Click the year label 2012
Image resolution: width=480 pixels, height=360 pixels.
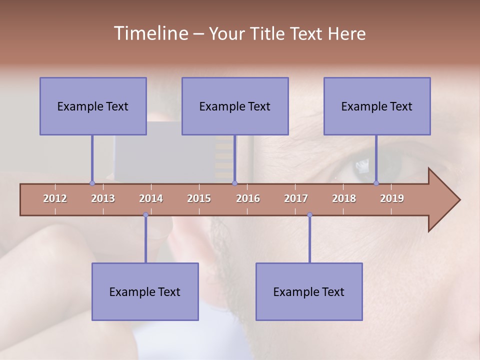pyautogui.click(x=55, y=198)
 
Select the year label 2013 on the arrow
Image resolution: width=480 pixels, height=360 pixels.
pyautogui.click(x=103, y=198)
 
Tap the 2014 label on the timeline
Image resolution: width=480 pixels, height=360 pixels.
pyautogui.click(x=151, y=198)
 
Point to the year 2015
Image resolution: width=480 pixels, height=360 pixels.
pyautogui.click(x=199, y=198)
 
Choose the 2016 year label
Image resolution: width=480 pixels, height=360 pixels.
pyautogui.click(x=248, y=198)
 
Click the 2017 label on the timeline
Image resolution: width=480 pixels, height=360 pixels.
pyautogui.click(x=296, y=198)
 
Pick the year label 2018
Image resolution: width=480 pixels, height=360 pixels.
pyautogui.click(x=344, y=198)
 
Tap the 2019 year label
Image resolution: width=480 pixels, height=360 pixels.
pyautogui.click(x=392, y=198)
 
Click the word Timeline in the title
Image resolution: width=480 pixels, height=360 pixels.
pyautogui.click(x=150, y=33)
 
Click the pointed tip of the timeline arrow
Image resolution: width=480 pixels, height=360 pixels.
pyautogui.click(x=458, y=200)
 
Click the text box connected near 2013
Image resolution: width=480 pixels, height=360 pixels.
pyautogui.click(x=93, y=106)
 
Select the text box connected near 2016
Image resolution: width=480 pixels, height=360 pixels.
pyautogui.click(x=235, y=106)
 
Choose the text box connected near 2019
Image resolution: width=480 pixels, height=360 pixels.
pyautogui.click(x=377, y=106)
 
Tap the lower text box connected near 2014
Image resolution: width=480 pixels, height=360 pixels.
pyautogui.click(x=145, y=291)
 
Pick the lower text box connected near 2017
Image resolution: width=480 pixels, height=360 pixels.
pyautogui.click(x=309, y=291)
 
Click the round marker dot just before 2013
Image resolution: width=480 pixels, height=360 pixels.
pyautogui.click(x=92, y=183)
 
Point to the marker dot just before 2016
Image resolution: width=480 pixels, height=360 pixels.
pyautogui.click(x=235, y=183)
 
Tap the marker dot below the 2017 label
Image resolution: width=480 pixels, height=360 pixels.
pyautogui.click(x=309, y=215)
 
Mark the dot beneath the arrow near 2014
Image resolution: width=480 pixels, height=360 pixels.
pyautogui.click(x=145, y=215)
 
